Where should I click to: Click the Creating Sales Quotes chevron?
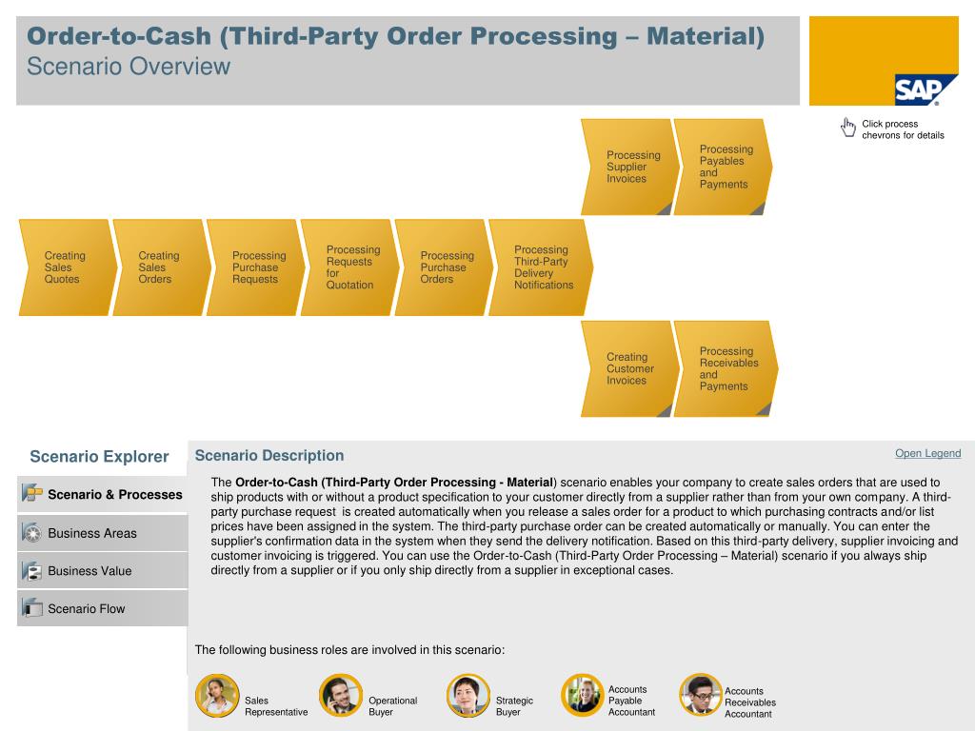click(x=64, y=267)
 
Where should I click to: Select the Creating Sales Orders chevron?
click(x=158, y=267)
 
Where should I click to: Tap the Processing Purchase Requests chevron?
click(x=252, y=267)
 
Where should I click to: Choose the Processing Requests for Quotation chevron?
click(x=347, y=267)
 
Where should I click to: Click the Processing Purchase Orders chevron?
click(x=441, y=267)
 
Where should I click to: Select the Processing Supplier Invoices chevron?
click(x=627, y=167)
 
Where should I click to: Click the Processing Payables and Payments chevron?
click(x=722, y=167)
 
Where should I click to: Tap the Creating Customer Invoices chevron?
click(x=627, y=368)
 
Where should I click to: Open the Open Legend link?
click(x=927, y=453)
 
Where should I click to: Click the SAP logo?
click(x=918, y=90)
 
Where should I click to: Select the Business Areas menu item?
click(x=92, y=533)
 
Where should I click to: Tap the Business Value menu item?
click(x=90, y=571)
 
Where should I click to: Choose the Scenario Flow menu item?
click(x=86, y=609)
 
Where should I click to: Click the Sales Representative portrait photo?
click(x=216, y=696)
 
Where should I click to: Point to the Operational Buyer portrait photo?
click(x=340, y=696)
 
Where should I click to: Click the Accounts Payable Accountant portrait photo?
click(x=582, y=695)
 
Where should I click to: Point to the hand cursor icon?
click(x=848, y=128)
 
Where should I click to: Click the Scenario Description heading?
click(x=269, y=456)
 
